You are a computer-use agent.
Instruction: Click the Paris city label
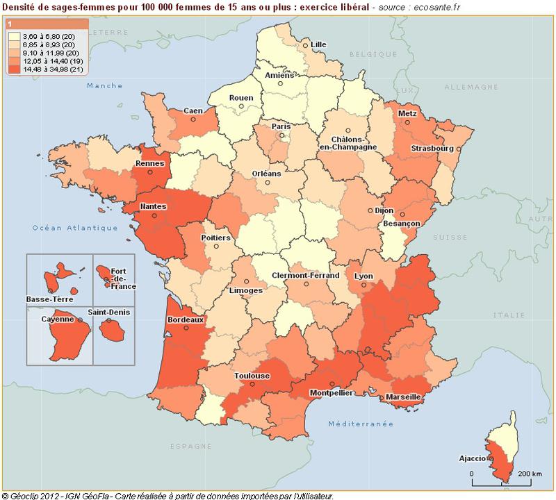pyautogui.click(x=281, y=126)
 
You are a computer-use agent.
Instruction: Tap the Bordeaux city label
pyautogui.click(x=186, y=320)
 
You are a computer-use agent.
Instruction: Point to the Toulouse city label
pyautogui.click(x=251, y=376)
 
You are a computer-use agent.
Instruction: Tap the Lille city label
pyautogui.click(x=318, y=44)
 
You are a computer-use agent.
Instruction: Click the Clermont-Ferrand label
pyautogui.click(x=305, y=275)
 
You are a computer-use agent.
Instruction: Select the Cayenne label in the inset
pyautogui.click(x=58, y=319)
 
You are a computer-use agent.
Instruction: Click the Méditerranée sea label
pyautogui.click(x=361, y=423)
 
